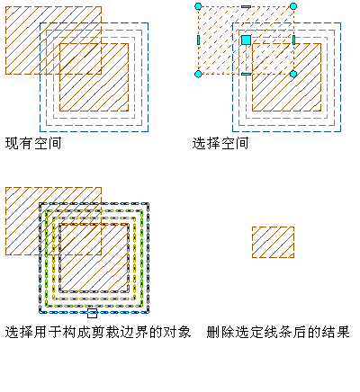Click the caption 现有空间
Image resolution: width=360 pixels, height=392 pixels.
[33, 143]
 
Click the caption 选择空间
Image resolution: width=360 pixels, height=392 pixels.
[220, 143]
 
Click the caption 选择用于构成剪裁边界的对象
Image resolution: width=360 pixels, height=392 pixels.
[98, 332]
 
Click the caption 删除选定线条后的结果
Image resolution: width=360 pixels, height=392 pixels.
[278, 332]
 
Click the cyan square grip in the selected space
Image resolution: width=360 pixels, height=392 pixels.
[246, 40]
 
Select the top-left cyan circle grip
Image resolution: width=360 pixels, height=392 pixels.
[198, 6]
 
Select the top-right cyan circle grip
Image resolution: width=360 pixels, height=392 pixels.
[293, 6]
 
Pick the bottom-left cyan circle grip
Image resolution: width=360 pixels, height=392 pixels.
[198, 74]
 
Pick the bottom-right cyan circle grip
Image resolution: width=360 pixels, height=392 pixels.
[293, 74]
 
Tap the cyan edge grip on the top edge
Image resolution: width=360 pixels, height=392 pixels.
[246, 6]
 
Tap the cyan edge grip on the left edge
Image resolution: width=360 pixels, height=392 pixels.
[198, 40]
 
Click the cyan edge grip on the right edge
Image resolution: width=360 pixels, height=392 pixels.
[293, 40]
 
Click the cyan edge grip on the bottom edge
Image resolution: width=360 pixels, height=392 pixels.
[246, 74]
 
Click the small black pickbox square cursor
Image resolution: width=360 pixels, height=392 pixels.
[92, 313]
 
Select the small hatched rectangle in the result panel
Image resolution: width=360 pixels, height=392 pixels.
[273, 242]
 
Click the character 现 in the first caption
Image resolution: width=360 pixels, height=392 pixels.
[12, 143]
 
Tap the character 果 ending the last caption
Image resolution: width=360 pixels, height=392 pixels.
[343, 332]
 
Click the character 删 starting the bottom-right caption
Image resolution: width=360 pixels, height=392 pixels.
[213, 332]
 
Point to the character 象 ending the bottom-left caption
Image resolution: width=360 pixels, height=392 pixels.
[184, 332]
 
